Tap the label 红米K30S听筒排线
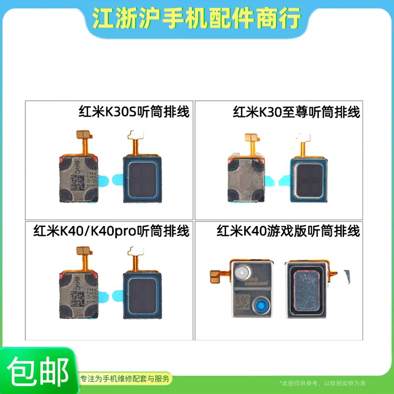click(x=134, y=112)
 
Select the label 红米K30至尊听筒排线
click(x=296, y=112)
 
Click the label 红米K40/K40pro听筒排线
click(x=111, y=230)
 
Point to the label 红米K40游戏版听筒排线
click(x=289, y=230)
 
